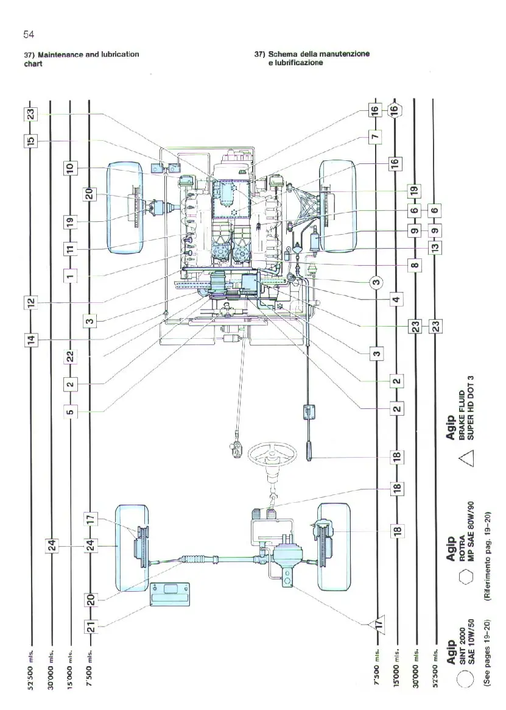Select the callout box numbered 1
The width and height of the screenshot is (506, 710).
coord(70,275)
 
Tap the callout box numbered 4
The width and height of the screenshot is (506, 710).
coord(396,299)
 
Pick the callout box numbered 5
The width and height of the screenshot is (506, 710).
coord(70,413)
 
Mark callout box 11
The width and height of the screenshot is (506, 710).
coord(70,249)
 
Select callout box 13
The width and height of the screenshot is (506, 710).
coord(435,248)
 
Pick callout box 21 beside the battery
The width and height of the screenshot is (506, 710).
coord(90,627)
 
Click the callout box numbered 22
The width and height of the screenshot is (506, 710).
coord(70,357)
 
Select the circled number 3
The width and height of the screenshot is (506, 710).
coord(377,282)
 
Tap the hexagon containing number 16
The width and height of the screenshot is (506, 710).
coord(395,110)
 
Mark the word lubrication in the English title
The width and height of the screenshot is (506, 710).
coord(120,55)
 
